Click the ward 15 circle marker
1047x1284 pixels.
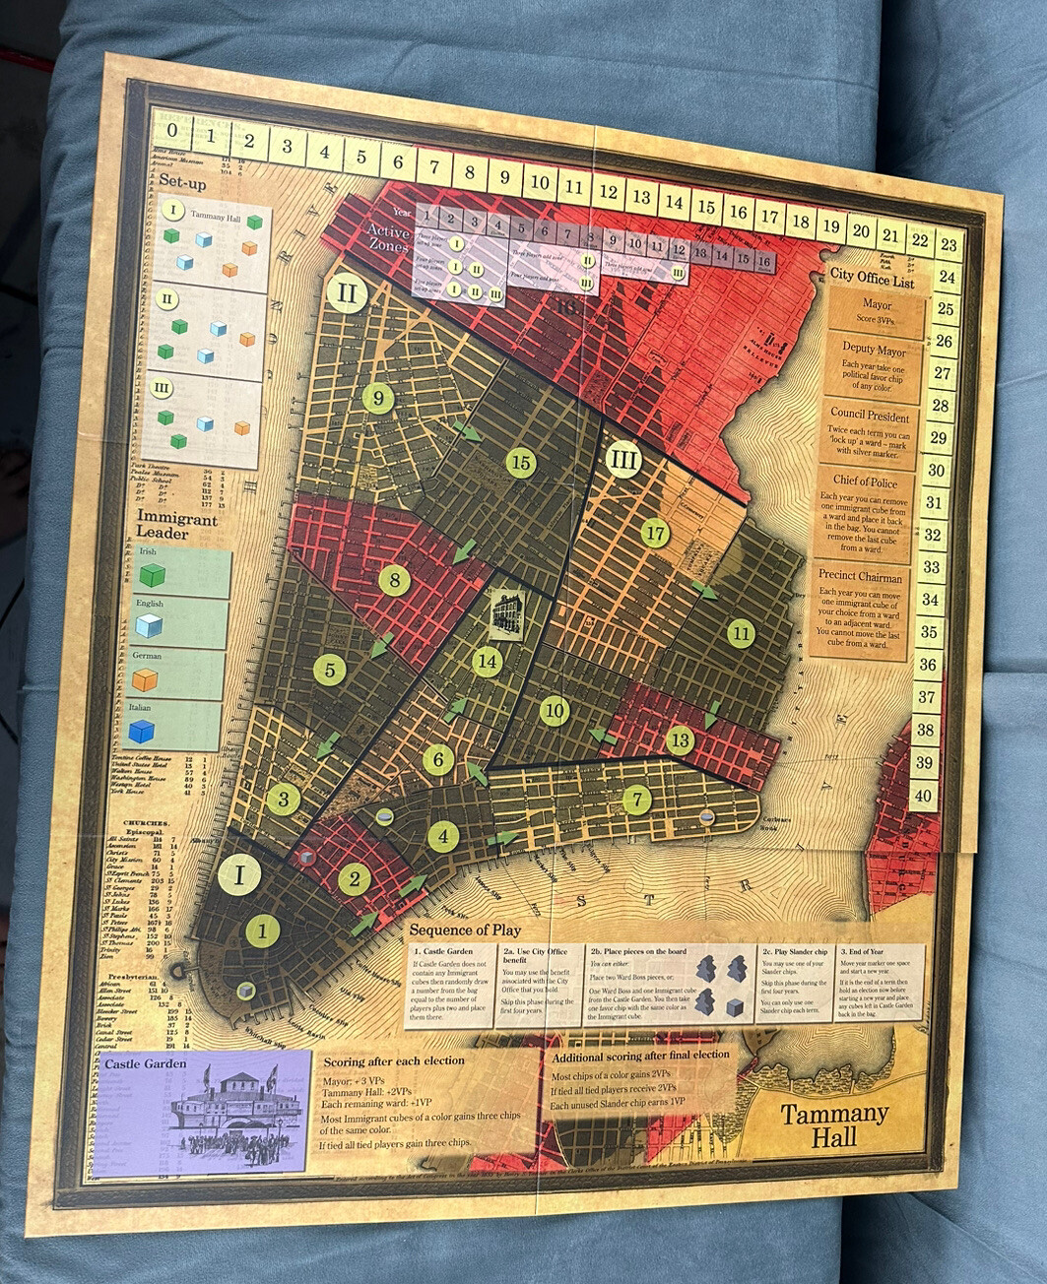[x=520, y=463]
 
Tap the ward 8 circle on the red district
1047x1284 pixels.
[x=395, y=580]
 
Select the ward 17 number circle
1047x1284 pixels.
[x=655, y=534]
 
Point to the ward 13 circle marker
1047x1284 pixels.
[x=680, y=740]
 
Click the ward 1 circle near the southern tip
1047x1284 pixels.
[x=263, y=930]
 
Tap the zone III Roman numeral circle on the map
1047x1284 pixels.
[x=622, y=458]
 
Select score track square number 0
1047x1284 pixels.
[x=173, y=128]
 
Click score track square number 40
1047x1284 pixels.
[x=923, y=795]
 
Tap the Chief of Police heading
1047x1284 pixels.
[x=865, y=481]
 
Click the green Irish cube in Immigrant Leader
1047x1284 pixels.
[x=153, y=574]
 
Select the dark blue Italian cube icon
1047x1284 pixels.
[x=144, y=731]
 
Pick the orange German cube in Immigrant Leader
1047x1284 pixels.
[x=147, y=679]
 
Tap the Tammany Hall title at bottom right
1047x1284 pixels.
[x=834, y=1125]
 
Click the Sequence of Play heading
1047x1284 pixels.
[x=465, y=930]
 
